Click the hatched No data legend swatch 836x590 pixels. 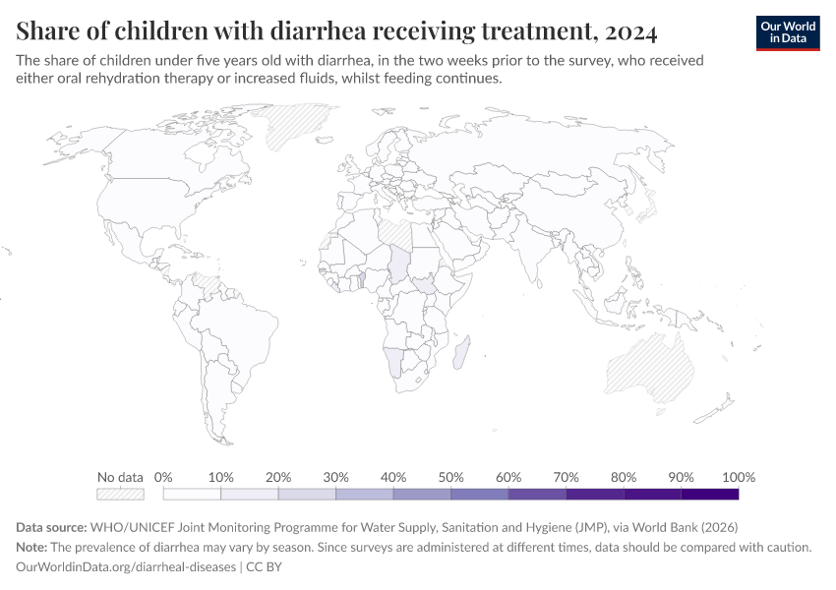120,494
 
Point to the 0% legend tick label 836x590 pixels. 164,477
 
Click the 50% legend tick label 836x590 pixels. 450,477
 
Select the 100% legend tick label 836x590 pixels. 738,477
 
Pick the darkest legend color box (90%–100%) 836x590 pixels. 709,494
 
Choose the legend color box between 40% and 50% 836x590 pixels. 422,494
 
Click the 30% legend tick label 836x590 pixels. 336,477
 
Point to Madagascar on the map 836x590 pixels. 468,353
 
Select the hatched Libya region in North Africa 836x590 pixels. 398,234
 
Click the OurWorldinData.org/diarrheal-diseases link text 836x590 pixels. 126,566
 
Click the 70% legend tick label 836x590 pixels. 566,477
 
